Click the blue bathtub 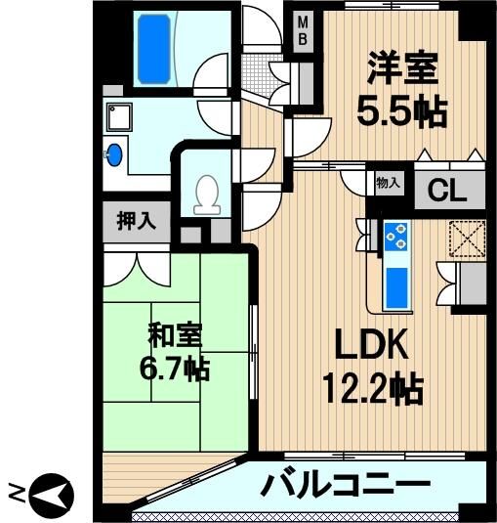(x=154, y=49)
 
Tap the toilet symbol (x=207, y=196)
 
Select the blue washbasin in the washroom (x=114, y=154)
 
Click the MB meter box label (x=303, y=31)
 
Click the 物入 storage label (x=388, y=183)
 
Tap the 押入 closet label (x=137, y=221)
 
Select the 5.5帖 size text (x=401, y=110)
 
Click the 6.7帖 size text (x=175, y=369)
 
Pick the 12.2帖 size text (x=373, y=389)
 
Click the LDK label (x=372, y=344)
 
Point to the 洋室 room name (x=402, y=68)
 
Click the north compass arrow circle (x=52, y=496)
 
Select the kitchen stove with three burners (x=396, y=237)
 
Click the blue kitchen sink (x=396, y=287)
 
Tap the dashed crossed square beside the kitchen (x=467, y=239)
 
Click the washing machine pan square (x=119, y=117)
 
